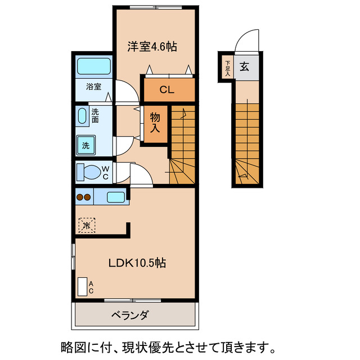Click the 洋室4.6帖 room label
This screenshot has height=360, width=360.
point(151,47)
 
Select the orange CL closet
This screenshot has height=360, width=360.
point(166,89)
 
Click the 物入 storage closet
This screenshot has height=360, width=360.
point(155,121)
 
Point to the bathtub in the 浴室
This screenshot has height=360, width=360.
point(93,67)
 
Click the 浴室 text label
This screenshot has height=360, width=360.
point(93,87)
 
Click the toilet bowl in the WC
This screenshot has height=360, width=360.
point(89,171)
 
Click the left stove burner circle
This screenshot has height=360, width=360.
point(80,197)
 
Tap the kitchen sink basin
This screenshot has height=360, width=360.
point(115,197)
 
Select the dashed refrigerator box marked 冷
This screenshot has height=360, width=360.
point(87,226)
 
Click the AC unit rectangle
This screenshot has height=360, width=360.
point(83,286)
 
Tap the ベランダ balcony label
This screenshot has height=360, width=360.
point(129,315)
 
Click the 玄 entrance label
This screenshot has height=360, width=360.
point(245,67)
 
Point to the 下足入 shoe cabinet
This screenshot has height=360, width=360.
point(228,67)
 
